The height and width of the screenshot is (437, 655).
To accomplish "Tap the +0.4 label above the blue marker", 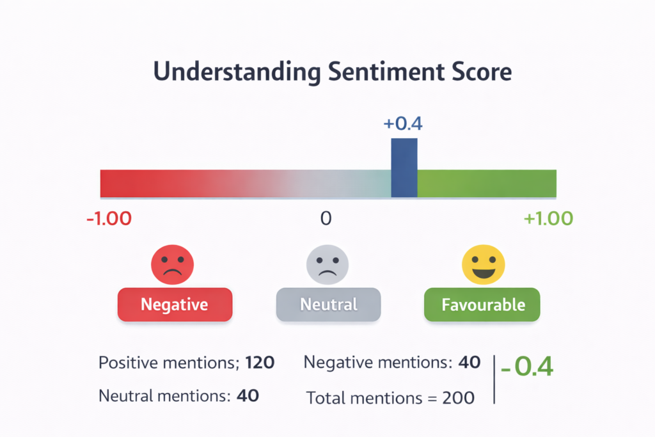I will coord(403,123).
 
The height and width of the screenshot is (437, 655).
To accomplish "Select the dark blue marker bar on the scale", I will coord(404,168).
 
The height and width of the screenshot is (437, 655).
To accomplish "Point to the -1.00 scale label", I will coord(109,218).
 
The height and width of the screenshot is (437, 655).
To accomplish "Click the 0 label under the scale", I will coord(326,218).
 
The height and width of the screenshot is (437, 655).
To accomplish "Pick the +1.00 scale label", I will coord(548,218).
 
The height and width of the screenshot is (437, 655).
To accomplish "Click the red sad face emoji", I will coord(172,264).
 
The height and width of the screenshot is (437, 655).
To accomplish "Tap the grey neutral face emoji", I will coord(327,264).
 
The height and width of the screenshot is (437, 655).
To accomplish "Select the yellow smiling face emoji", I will coord(484,264).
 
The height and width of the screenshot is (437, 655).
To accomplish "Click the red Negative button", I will coord(175,304).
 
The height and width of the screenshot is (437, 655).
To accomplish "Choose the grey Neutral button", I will coord(328,304).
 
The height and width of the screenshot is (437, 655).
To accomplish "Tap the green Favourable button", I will coord(482,304).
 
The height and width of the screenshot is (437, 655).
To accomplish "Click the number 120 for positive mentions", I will coord(259,363).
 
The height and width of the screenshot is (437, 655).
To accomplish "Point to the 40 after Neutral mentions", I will coord(248,395).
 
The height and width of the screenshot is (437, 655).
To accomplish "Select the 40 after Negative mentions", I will coord(470,363).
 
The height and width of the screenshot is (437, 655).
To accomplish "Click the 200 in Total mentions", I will coord(459,398).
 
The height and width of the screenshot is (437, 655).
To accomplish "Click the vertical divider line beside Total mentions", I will coord(495,379).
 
